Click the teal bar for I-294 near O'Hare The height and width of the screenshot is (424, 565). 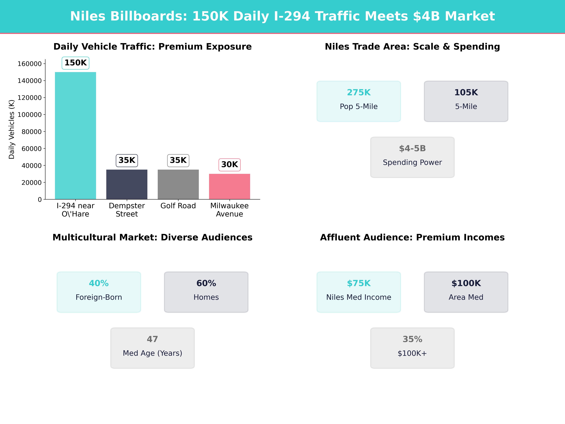[75, 135]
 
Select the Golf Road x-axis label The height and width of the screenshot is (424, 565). [178, 206]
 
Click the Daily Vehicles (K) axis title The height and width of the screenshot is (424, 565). [12, 129]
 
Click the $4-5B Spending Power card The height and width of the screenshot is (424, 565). [412, 157]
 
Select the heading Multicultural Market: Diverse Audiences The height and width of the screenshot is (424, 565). [152, 237]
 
